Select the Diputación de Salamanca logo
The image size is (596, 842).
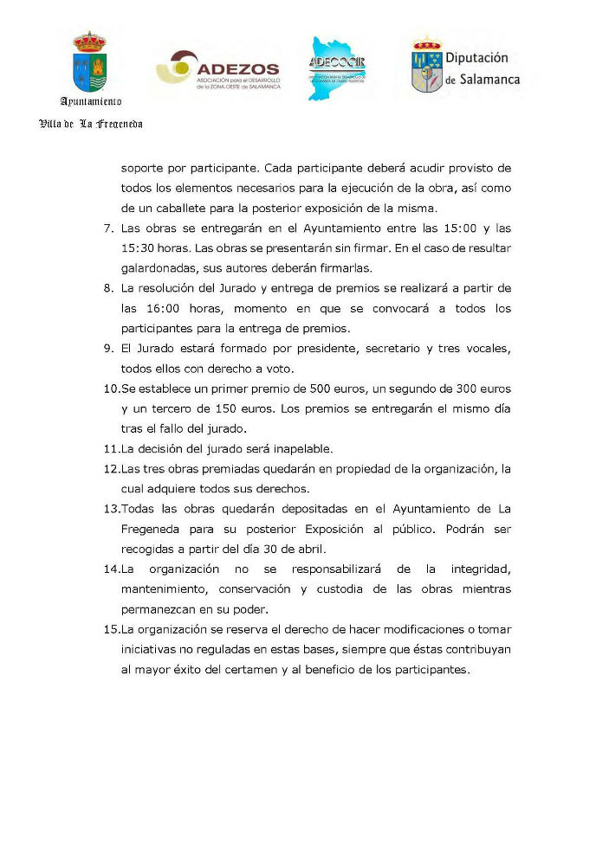464,68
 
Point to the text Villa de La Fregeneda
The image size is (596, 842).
90,124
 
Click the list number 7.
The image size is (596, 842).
108,228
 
